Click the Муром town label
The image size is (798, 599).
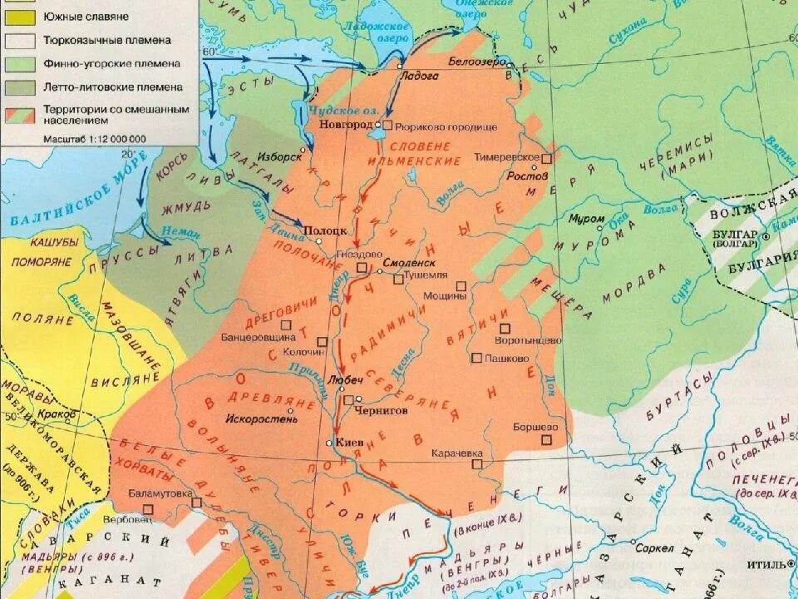pyautogui.click(x=587, y=219)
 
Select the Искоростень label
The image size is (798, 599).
pyautogui.click(x=260, y=418)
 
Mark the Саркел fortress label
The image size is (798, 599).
pyautogui.click(x=653, y=548)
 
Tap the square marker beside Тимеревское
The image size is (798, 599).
pyautogui.click(x=547, y=158)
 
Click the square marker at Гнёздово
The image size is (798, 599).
pyautogui.click(x=362, y=268)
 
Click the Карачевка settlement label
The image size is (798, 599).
pyautogui.click(x=456, y=453)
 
